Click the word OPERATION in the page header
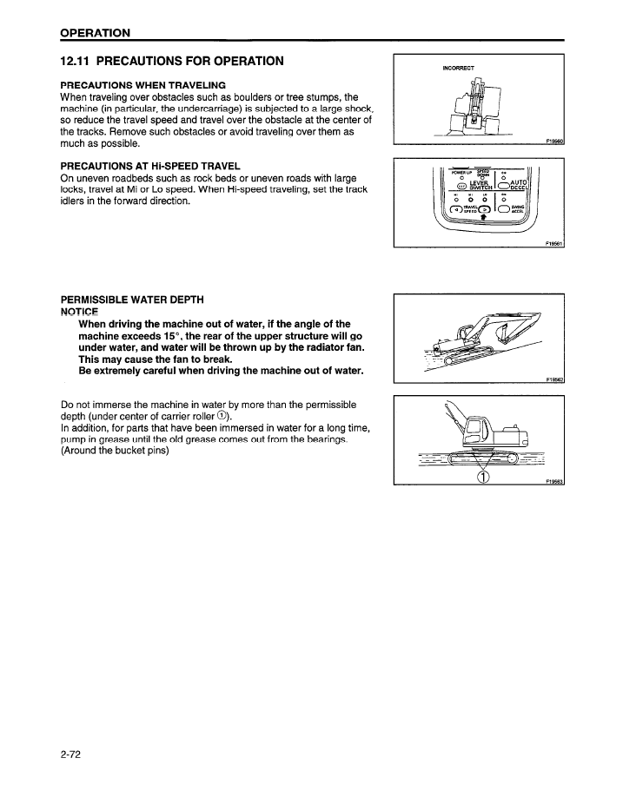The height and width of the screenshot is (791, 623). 96,33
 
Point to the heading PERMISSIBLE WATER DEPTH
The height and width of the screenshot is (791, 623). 132,300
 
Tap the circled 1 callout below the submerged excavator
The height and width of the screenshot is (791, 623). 484,477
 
